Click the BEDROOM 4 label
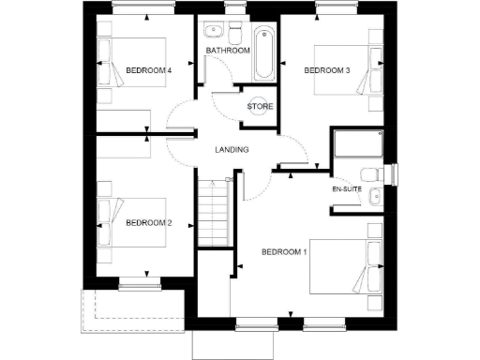[148, 70]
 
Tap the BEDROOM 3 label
[327, 70]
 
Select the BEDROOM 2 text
[149, 222]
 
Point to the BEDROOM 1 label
[284, 251]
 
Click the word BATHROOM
[229, 50]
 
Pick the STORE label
[260, 106]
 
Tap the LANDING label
[232, 150]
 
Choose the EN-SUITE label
[347, 189]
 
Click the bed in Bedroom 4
[131, 63]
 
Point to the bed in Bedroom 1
[352, 266]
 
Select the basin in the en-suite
[374, 197]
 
